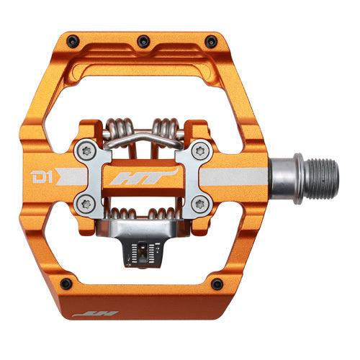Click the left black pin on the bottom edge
(x=66, y=282)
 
